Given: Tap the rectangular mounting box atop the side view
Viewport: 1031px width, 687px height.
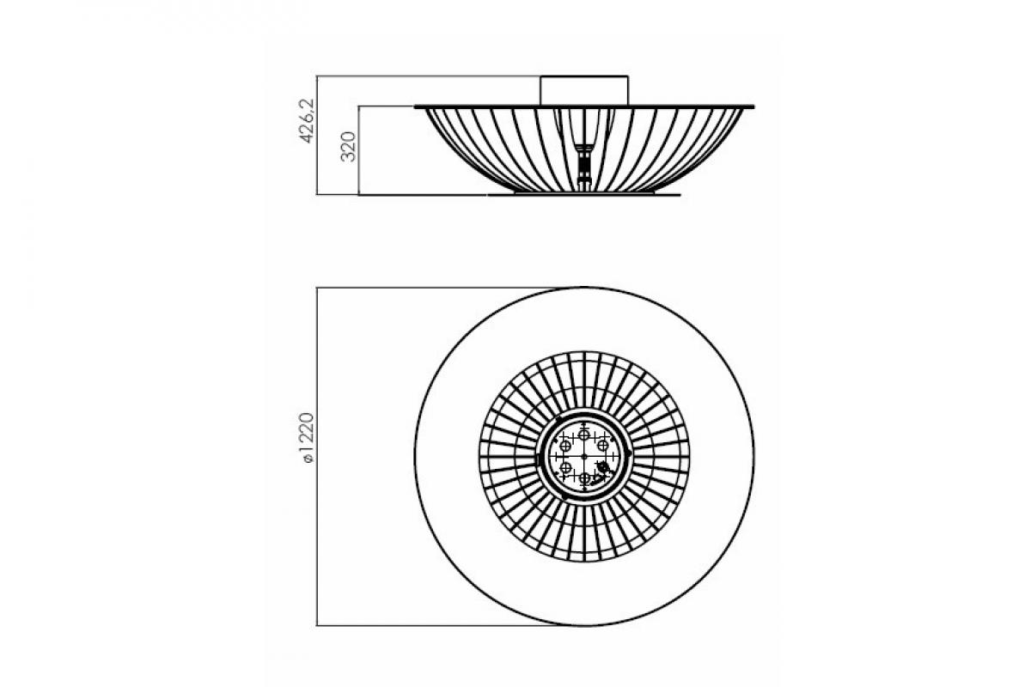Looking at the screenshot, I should click(584, 90).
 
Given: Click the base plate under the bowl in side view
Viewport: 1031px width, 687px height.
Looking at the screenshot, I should click(584, 194).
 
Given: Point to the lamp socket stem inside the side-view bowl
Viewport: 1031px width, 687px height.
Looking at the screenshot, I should click(585, 155).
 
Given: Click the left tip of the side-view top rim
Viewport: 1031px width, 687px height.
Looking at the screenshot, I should click(417, 106).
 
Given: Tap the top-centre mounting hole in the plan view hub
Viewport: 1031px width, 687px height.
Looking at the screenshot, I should click(584, 435).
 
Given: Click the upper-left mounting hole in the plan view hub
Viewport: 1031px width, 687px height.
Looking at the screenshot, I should click(565, 445).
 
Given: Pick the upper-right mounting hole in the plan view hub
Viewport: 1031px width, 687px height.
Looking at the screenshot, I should click(603, 445).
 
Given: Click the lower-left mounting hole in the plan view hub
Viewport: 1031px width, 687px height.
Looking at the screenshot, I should click(565, 467).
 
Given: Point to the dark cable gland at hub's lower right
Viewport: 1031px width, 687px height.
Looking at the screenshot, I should click(603, 467).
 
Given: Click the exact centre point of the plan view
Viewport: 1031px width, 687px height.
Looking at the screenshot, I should click(584, 456).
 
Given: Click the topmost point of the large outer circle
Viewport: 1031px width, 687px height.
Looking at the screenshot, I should click(584, 288).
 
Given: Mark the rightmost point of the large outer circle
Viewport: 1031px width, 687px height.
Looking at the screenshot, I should click(753, 456).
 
